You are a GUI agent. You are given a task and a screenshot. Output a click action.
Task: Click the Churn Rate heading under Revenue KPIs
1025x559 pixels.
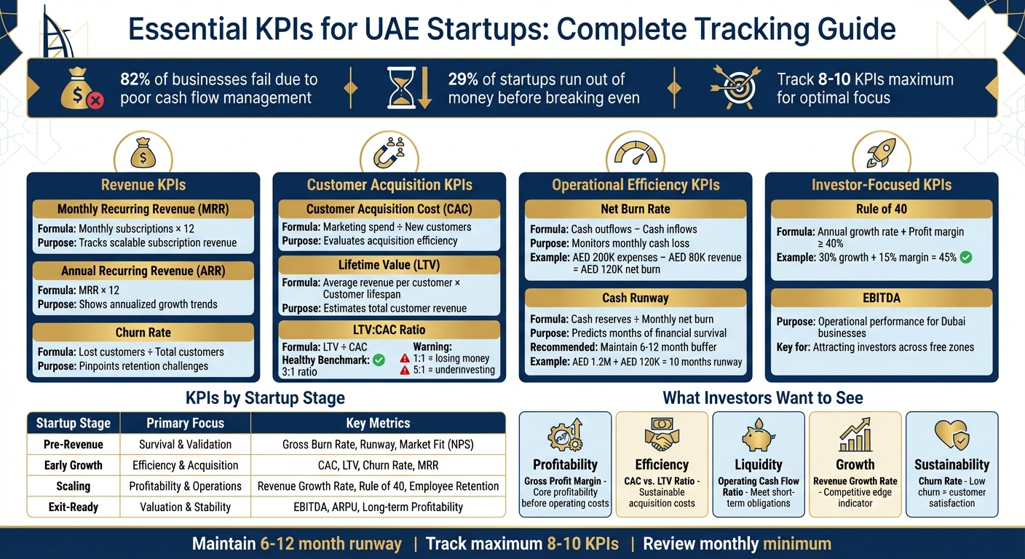coord(143,333)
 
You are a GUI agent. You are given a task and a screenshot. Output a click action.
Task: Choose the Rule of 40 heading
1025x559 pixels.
coord(881,210)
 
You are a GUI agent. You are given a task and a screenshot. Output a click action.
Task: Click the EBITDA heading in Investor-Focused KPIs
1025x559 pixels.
coord(881,298)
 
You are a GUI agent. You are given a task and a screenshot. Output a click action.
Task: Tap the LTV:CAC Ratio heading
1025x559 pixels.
coord(389,330)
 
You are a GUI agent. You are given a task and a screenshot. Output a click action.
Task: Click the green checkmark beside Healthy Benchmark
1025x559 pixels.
coord(379,360)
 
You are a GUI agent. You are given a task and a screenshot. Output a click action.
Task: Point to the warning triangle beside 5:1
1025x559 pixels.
coord(405,370)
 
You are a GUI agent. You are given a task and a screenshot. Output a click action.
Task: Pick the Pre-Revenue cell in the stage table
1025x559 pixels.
coord(73,444)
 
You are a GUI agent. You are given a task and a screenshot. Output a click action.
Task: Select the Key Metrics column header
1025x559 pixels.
coord(378,423)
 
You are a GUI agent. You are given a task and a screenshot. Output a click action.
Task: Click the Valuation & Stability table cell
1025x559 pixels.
coord(185,507)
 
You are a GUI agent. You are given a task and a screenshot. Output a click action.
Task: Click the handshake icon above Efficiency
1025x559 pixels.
coord(662,436)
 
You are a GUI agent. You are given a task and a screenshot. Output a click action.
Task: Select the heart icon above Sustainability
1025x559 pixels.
coord(951,436)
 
